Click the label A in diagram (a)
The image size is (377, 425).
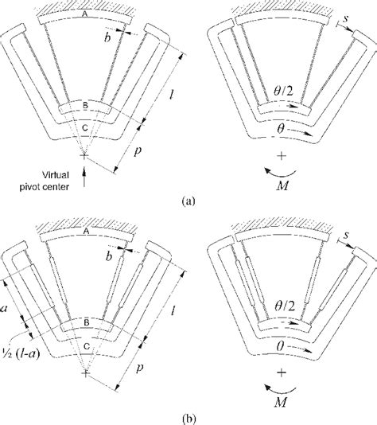pyautogui.click(x=86, y=14)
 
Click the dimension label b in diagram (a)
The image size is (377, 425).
pyautogui.click(x=108, y=37)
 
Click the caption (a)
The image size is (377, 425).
pyautogui.click(x=188, y=202)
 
